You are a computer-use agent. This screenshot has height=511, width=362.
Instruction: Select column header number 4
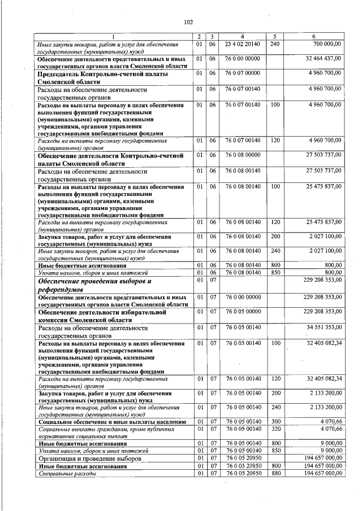242,37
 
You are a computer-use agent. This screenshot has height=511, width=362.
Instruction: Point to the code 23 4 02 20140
242,43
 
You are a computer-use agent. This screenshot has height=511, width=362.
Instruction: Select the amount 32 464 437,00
323,58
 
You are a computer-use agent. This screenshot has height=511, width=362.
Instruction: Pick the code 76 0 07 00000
242,73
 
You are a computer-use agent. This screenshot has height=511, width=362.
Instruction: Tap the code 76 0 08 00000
242,155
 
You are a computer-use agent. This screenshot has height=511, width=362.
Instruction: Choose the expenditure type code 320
275,429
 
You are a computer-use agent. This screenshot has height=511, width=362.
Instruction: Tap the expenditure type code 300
275,421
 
